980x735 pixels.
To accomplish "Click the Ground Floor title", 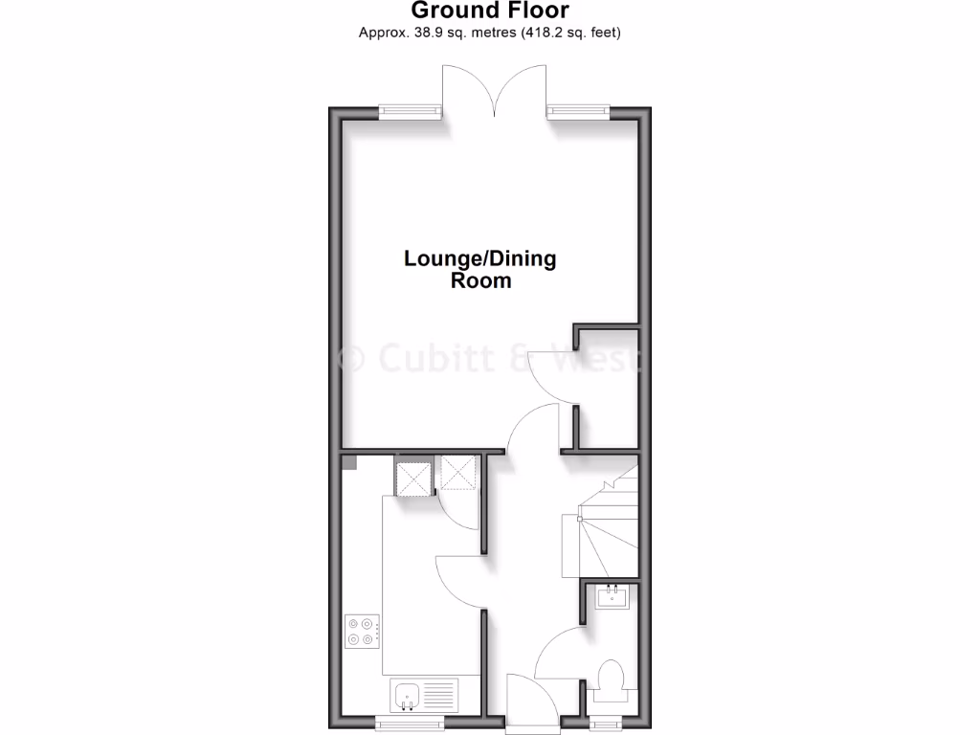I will [x=489, y=11].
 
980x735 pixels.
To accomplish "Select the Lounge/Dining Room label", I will [x=480, y=269].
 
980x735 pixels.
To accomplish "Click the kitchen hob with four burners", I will [x=364, y=630].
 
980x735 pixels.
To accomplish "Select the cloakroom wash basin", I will [x=611, y=598].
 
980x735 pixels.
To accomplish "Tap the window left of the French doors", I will [x=411, y=111].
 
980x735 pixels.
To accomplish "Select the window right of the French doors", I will [x=578, y=111].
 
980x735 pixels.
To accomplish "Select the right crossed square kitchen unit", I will [x=458, y=472].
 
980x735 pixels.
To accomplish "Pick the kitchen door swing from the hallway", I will [x=459, y=584].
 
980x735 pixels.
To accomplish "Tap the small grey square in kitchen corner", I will [x=350, y=463].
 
